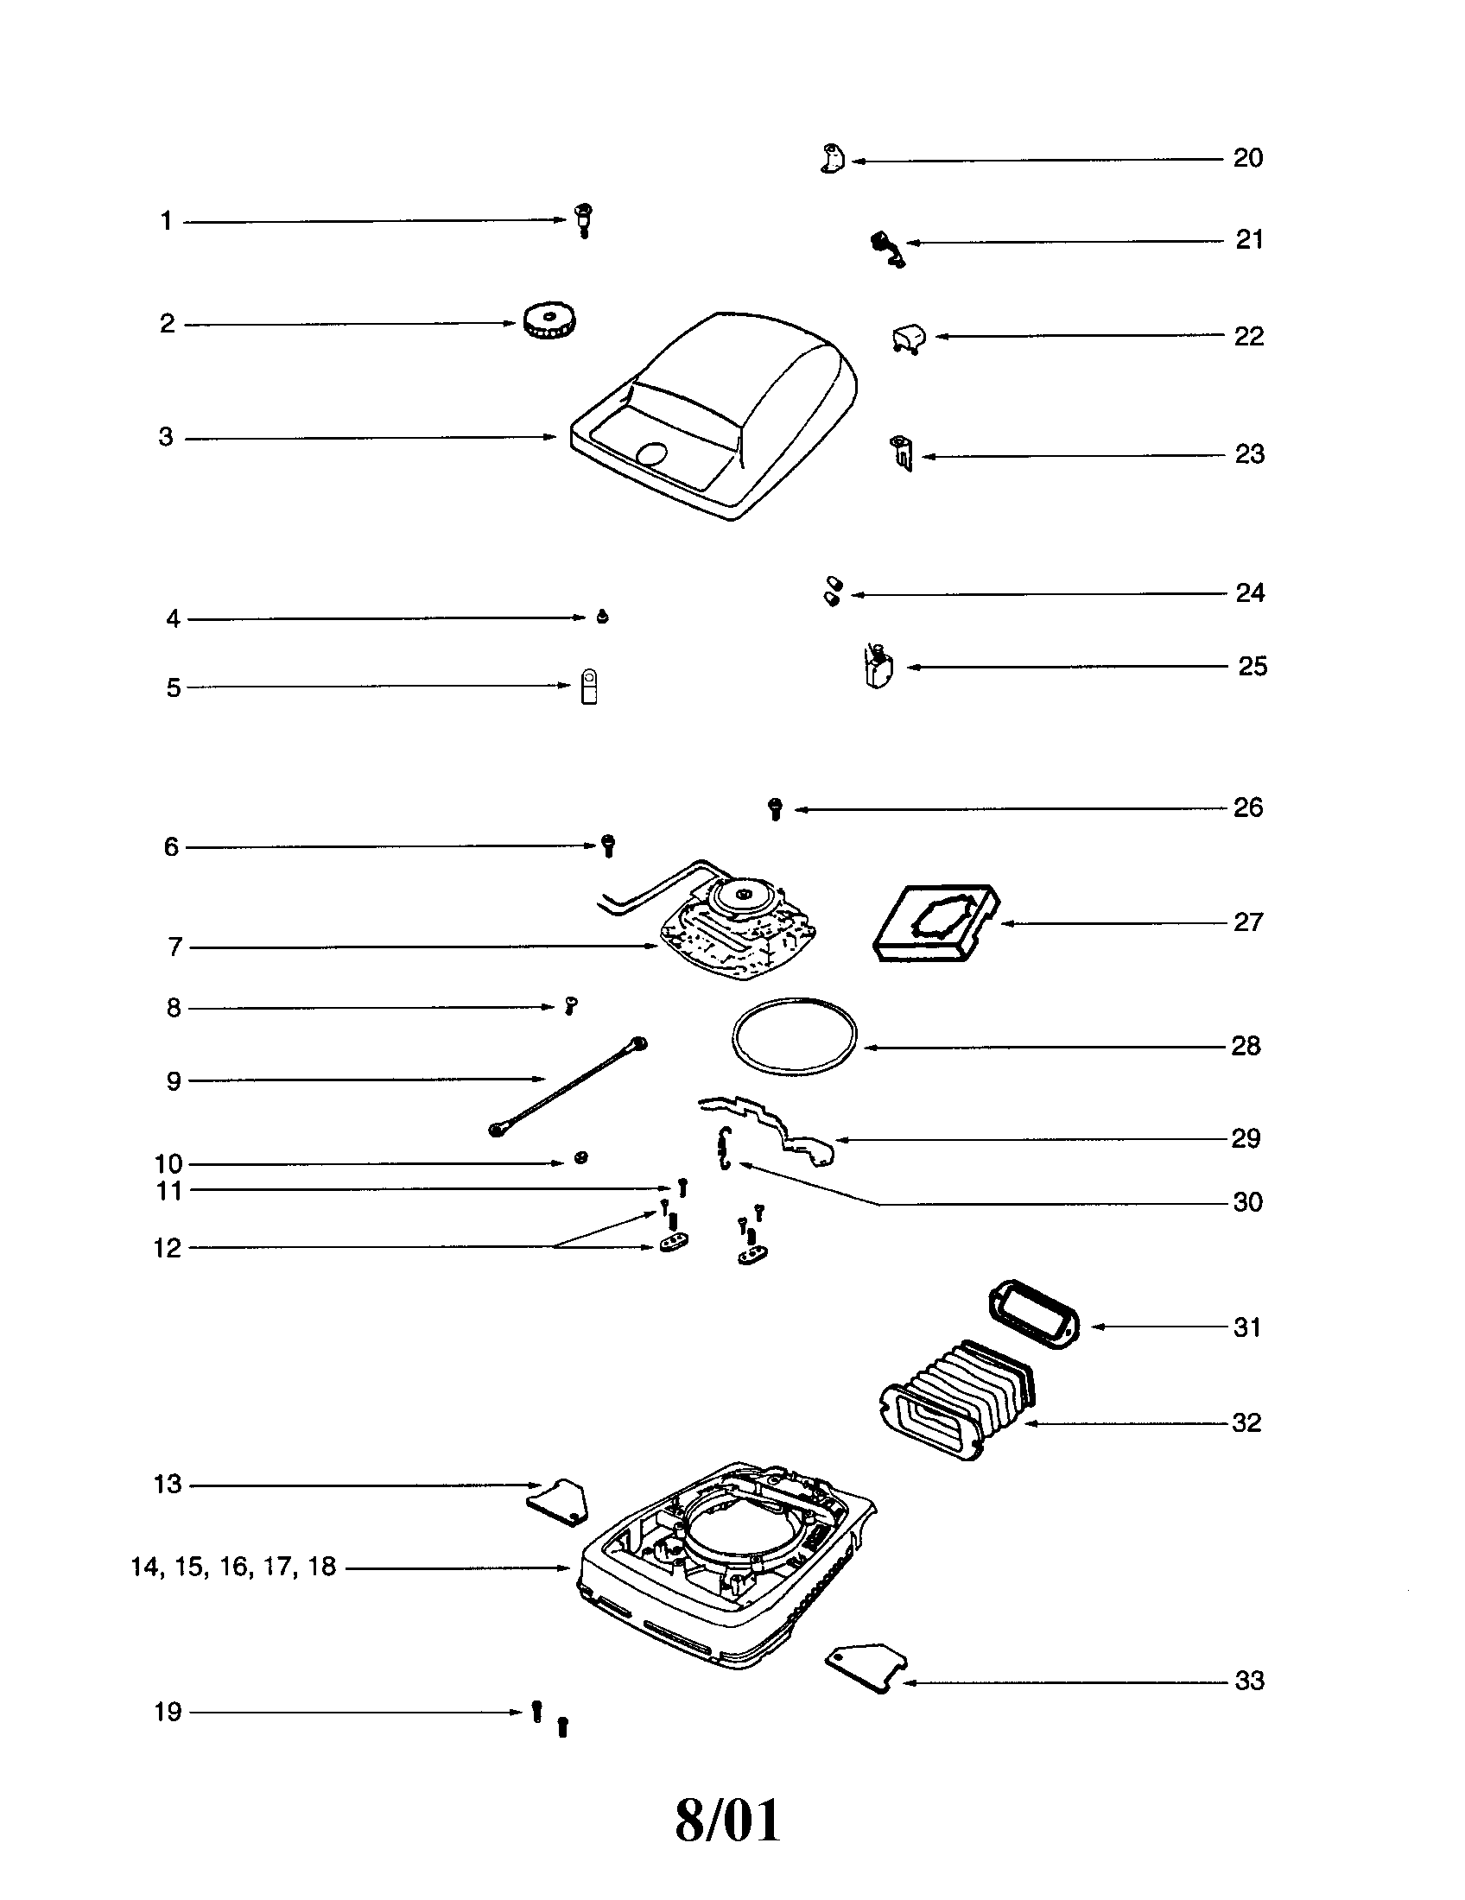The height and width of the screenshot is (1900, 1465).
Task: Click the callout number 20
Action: coord(1247,157)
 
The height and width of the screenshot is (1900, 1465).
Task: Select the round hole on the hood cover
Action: coord(652,453)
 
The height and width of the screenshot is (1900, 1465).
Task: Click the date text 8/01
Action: coord(728,1821)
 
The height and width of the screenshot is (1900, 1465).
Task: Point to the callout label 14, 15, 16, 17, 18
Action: coord(233,1567)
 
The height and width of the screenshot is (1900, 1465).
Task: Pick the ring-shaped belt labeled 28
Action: coord(793,1035)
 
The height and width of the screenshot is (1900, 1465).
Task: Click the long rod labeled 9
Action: coord(570,1087)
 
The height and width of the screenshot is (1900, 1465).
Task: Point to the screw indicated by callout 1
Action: coord(585,220)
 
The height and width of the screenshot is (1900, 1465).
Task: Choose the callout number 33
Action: coord(1249,1681)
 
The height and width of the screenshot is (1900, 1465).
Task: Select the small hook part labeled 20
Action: coord(833,159)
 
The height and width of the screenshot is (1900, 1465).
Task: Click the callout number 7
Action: coord(174,947)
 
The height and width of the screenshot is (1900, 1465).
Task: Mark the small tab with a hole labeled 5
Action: coord(589,686)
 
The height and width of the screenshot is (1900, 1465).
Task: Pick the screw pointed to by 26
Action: coord(775,809)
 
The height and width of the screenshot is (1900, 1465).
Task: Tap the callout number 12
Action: coord(167,1248)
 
